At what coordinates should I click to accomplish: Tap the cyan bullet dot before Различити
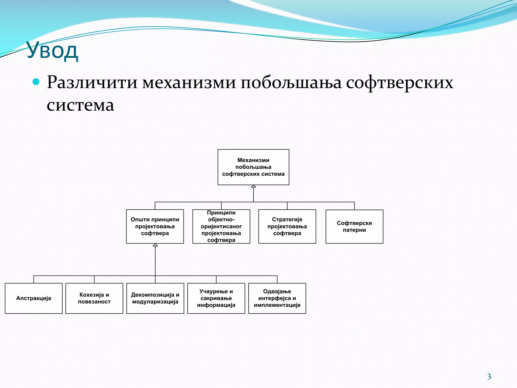tap(36, 82)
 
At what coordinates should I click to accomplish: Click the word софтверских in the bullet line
tap(399, 83)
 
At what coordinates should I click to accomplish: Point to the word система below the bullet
tap(80, 105)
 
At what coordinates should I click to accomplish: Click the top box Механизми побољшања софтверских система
tap(253, 167)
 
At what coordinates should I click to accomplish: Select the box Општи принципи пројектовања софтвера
tap(155, 226)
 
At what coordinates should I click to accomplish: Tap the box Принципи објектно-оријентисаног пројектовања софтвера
tap(221, 226)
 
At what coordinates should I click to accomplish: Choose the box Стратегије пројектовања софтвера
tap(287, 226)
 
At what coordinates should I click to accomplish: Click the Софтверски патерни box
tap(354, 227)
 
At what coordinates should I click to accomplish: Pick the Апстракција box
tap(34, 298)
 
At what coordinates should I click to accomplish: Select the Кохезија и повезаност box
tap(94, 298)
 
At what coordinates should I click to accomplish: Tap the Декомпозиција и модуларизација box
tap(155, 298)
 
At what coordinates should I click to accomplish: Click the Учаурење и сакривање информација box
tap(216, 298)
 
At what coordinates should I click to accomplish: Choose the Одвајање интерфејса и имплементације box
tap(277, 298)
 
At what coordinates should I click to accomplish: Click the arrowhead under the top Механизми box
tap(253, 186)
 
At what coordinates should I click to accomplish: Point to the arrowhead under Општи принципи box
tap(155, 245)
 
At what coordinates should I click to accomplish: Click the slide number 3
tap(489, 377)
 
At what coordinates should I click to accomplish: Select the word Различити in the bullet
tap(92, 83)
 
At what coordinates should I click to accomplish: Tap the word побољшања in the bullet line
tap(291, 83)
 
